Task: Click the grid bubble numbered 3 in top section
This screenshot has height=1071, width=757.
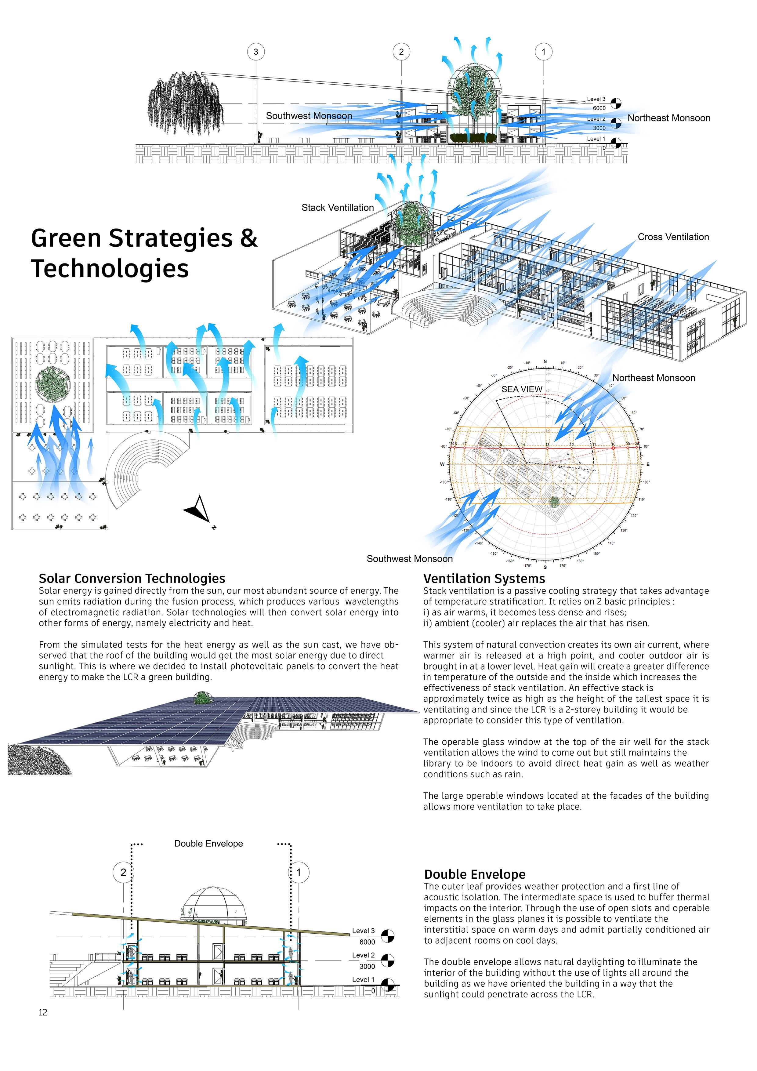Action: click(x=255, y=52)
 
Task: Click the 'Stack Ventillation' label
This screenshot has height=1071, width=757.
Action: click(x=337, y=208)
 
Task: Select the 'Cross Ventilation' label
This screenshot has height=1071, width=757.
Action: click(x=673, y=237)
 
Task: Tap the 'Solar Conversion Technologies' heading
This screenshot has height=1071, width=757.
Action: click(x=132, y=579)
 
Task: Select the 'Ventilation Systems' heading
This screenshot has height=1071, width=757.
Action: click(x=484, y=579)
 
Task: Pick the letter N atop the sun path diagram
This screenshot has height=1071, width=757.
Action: click(x=545, y=362)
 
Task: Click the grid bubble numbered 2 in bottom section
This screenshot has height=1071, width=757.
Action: click(x=123, y=872)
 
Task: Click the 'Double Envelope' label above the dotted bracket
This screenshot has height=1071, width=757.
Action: click(x=208, y=843)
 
